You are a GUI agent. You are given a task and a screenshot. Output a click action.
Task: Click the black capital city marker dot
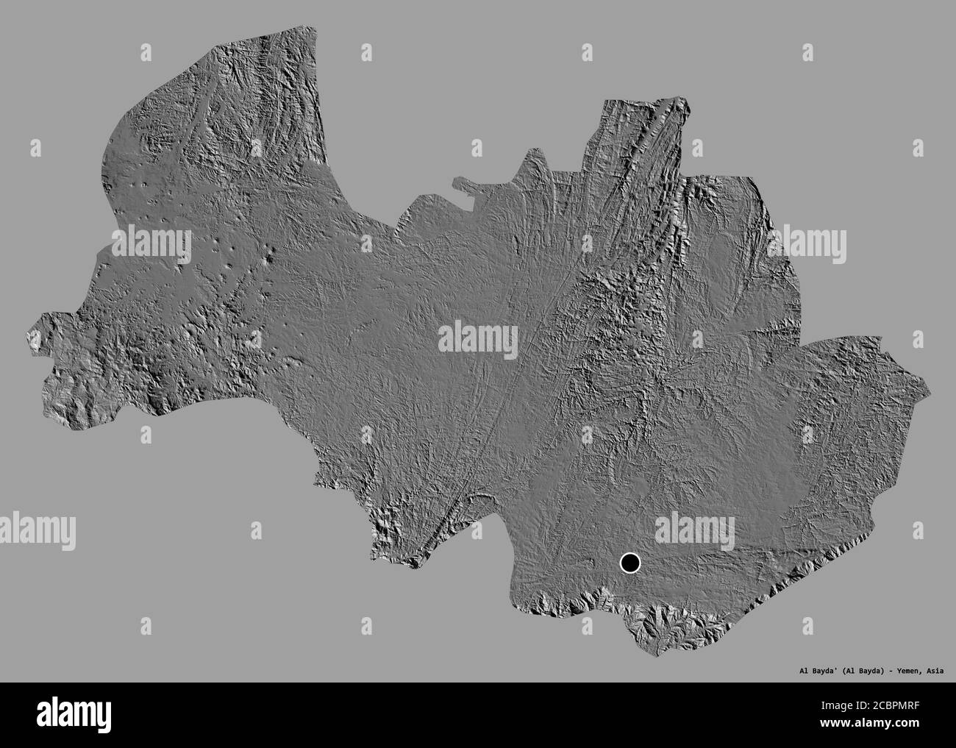630,563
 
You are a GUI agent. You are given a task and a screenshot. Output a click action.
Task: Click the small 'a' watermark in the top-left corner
146,52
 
